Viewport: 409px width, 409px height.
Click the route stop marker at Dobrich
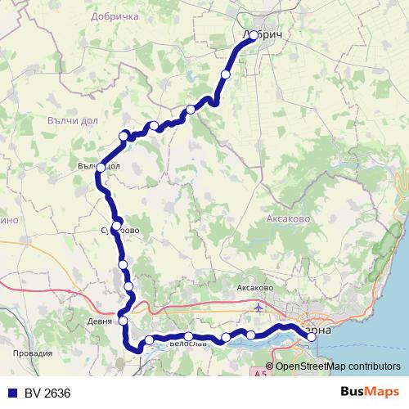(x=254, y=35)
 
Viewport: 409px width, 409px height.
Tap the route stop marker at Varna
(x=312, y=336)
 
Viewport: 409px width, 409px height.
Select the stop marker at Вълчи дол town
(x=101, y=168)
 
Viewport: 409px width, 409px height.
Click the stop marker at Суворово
(x=117, y=225)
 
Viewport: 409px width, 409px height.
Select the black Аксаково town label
(x=254, y=289)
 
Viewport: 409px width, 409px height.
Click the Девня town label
(x=100, y=321)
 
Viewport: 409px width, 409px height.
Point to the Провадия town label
(x=34, y=353)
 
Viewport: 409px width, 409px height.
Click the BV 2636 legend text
(x=47, y=393)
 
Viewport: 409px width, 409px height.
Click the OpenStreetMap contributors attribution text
(x=338, y=366)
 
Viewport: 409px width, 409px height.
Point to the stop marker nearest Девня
(x=124, y=321)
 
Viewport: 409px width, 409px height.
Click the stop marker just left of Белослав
(x=150, y=339)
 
